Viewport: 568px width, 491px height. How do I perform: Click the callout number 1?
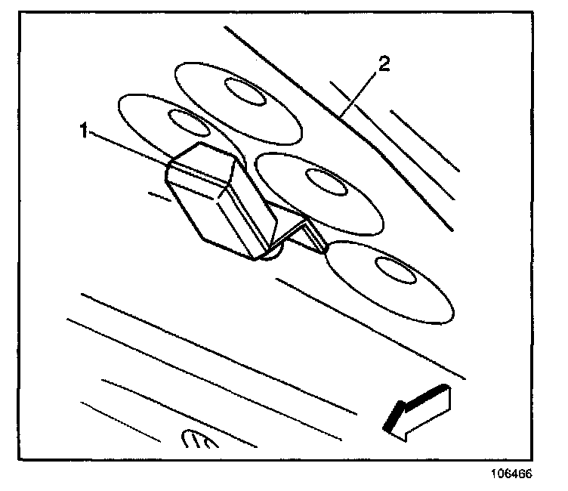point(85,130)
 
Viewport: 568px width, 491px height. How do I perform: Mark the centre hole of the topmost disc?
point(242,94)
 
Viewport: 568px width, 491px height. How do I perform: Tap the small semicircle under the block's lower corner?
point(272,253)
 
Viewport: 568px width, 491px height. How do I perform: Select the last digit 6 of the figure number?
point(529,476)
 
